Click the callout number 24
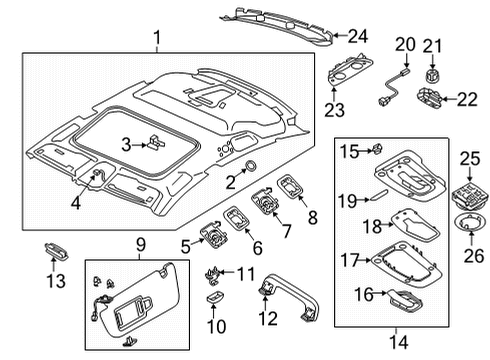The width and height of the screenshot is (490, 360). pos(358,36)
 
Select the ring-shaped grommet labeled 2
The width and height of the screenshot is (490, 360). pos(250,165)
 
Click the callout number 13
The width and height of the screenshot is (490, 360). pos(56,281)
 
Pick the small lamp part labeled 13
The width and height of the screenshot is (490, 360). pos(56,251)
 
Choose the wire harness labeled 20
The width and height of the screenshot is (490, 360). pos(393,87)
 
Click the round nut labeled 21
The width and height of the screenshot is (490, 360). pos(432,76)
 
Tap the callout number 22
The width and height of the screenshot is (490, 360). pos(467,99)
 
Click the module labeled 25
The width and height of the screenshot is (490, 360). pos(469,196)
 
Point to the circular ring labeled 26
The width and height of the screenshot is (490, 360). pos(470,224)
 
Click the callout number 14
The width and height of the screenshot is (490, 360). pos(398,342)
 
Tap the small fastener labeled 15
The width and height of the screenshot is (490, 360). pos(377,149)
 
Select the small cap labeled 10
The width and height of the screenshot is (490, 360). pos(215,297)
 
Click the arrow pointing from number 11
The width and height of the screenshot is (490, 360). pos(226,272)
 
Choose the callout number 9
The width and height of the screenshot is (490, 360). pos(141,245)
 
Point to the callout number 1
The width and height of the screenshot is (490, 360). pos(157,37)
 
